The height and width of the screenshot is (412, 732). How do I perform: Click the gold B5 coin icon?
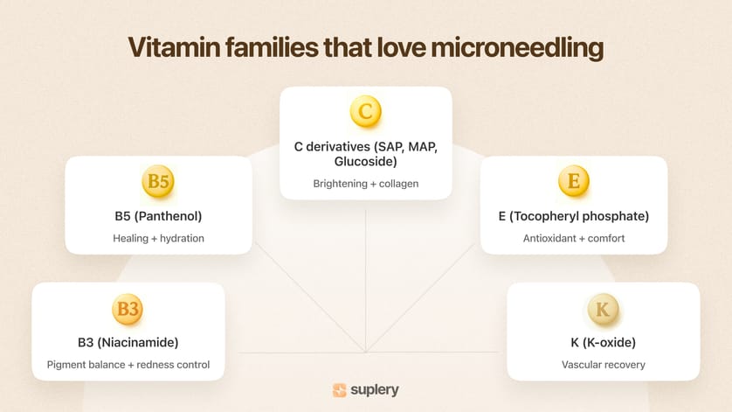pos(158,182)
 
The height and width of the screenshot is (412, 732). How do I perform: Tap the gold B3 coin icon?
pos(128,309)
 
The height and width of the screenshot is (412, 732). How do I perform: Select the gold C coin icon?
pos(366,112)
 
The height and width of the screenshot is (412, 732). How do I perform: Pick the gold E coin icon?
pos(573,182)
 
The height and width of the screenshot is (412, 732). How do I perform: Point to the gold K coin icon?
pos(603,309)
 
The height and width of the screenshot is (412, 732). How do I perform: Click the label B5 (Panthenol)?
pos(158,216)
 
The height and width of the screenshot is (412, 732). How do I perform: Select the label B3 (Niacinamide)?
pos(128,342)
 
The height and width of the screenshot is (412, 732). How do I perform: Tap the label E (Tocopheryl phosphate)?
pos(573,216)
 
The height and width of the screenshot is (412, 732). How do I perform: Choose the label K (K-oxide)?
pos(603,342)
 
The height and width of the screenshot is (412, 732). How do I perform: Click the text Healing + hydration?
pos(158,239)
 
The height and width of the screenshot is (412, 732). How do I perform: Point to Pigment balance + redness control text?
pos(128,365)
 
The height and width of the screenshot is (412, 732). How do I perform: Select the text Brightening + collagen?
pos(366,184)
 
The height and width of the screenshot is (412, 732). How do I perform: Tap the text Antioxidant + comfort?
pos(573,239)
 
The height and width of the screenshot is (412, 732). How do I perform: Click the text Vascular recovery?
pos(603,365)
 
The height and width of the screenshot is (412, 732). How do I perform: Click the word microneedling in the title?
pos(517,48)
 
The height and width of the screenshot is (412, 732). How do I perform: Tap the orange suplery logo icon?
pos(340,390)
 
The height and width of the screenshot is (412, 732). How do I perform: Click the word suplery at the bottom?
pos(376,390)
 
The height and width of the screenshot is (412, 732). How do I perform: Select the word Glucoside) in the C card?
pos(366,162)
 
